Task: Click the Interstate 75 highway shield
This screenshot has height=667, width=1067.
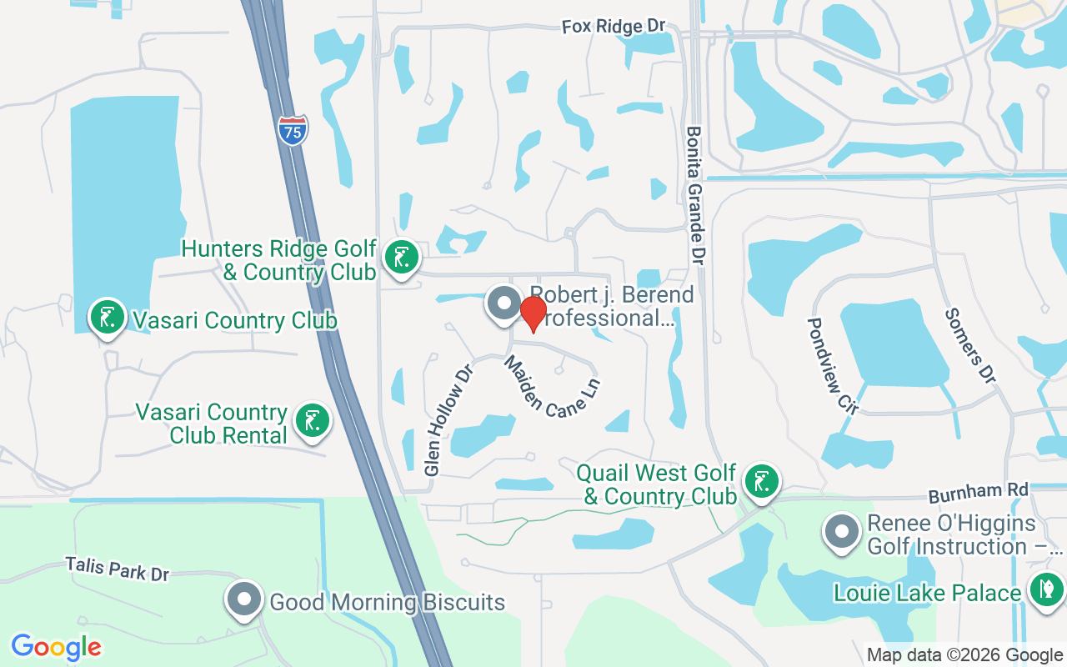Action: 293,131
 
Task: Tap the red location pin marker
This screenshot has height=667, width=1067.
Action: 533,313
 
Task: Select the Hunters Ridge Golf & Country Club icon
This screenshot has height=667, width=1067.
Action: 401,258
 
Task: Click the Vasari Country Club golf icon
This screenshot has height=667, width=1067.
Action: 107,318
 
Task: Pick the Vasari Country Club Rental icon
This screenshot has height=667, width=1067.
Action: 312,420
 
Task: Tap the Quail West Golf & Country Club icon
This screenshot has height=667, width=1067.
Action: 760,482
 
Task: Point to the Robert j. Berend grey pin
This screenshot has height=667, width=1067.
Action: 503,304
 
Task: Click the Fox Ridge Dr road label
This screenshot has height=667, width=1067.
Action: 614,27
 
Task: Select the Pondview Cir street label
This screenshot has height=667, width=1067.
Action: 827,364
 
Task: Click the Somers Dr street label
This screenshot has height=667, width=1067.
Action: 970,346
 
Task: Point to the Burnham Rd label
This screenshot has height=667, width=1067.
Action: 979,492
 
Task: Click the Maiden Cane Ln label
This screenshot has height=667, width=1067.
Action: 551,386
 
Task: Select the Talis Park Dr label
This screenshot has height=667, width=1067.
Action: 118,569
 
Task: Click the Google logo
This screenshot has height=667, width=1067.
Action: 56,647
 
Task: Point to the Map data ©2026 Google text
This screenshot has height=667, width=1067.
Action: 964,655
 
